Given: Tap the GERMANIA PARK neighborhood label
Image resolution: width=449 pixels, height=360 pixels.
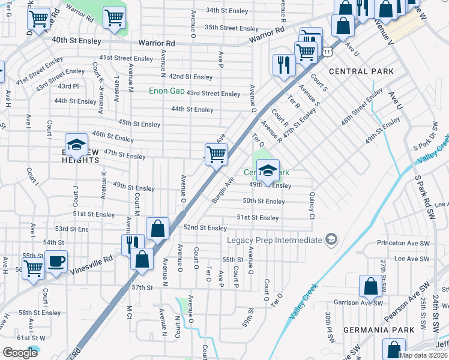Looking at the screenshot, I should click(x=378, y=330).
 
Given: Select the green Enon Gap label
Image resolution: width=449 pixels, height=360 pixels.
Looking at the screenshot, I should click(x=167, y=91).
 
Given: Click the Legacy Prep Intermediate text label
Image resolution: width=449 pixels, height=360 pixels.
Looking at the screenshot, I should click(x=274, y=240).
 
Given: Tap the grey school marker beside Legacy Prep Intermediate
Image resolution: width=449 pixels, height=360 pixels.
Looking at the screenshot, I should click(x=330, y=240).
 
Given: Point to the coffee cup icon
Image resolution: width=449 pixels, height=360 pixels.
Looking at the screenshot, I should click(x=56, y=262).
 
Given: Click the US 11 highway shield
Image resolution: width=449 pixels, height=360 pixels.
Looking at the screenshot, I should click(x=326, y=53).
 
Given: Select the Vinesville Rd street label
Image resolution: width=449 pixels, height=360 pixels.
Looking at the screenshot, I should click(x=88, y=261).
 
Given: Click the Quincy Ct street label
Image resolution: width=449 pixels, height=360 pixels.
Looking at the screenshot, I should click(x=312, y=205).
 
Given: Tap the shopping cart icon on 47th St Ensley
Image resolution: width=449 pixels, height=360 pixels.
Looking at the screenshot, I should click(x=216, y=154).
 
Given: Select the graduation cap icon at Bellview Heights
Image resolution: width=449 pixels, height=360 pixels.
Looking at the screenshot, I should click(x=76, y=145).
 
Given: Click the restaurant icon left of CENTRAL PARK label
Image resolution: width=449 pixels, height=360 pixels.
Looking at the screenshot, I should click(x=283, y=64).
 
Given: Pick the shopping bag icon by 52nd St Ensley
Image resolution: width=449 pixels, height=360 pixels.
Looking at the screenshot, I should click(x=157, y=228).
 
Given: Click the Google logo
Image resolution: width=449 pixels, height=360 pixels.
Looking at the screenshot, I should click(x=20, y=353).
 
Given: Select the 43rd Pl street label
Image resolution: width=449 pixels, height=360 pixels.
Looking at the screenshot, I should click(x=67, y=86).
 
